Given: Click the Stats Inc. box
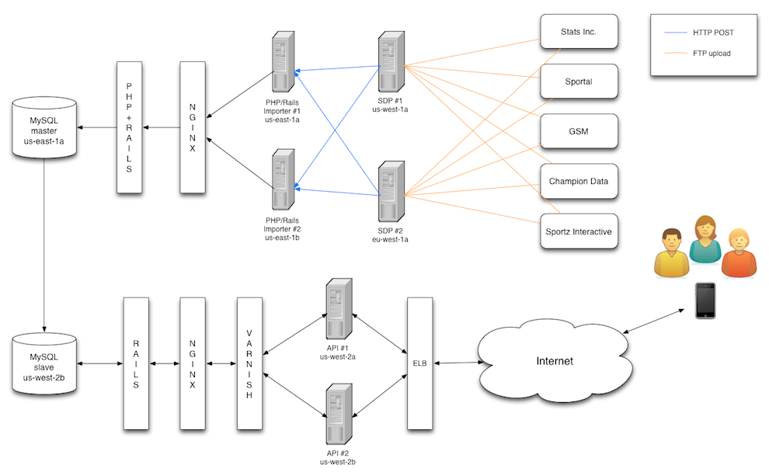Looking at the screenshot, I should [x=579, y=33].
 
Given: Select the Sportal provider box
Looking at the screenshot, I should [x=579, y=82].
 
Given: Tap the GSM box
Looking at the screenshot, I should [x=579, y=132].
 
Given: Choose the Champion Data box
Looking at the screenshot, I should [x=579, y=182].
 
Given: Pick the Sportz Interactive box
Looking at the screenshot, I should [x=579, y=231].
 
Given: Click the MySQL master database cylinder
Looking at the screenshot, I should [x=44, y=128].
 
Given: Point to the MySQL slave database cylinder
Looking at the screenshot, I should [x=44, y=362].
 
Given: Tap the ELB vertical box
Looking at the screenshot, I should [x=419, y=363].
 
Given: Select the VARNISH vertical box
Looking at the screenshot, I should [x=249, y=363].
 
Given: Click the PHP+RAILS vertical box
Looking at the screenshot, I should [x=129, y=127].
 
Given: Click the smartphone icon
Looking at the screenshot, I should [x=705, y=301].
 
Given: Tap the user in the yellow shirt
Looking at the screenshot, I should [x=670, y=254].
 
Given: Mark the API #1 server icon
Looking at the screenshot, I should [x=339, y=308].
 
